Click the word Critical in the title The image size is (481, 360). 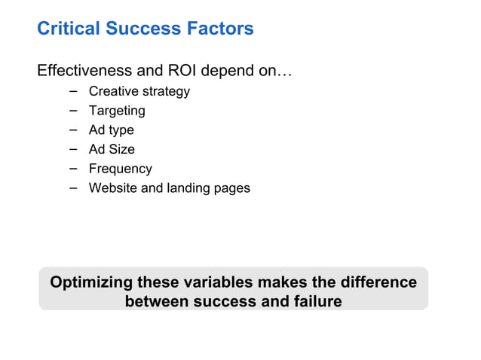[69, 29]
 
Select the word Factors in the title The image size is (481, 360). [220, 29]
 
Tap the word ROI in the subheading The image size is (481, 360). [169, 72]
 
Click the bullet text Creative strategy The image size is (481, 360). [139, 92]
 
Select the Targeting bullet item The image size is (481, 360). [117, 111]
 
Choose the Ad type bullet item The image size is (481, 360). [112, 130]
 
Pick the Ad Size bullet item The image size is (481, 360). [112, 149]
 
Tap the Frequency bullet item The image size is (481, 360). [121, 169]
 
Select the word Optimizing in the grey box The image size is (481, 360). [90, 283]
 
